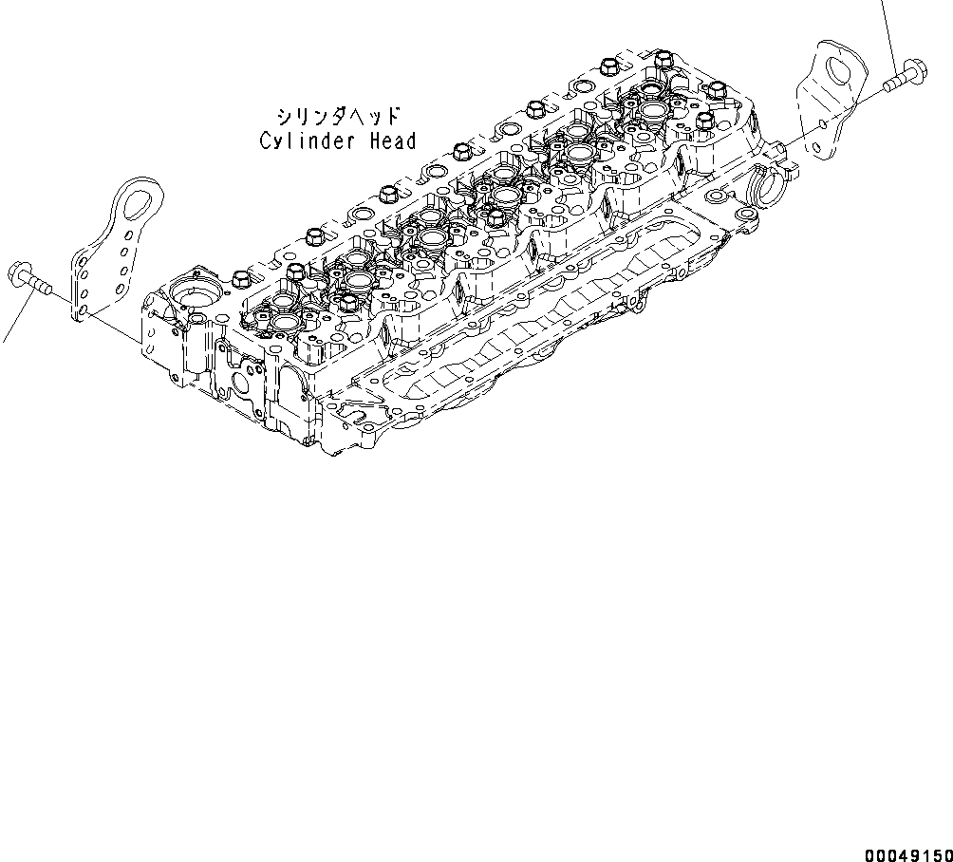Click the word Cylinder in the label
coord(308,141)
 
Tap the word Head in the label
coord(391,141)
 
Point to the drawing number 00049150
coord(907,853)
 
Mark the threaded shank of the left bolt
coord(40,283)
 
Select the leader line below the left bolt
coord(9,328)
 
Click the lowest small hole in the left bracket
coord(84,310)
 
